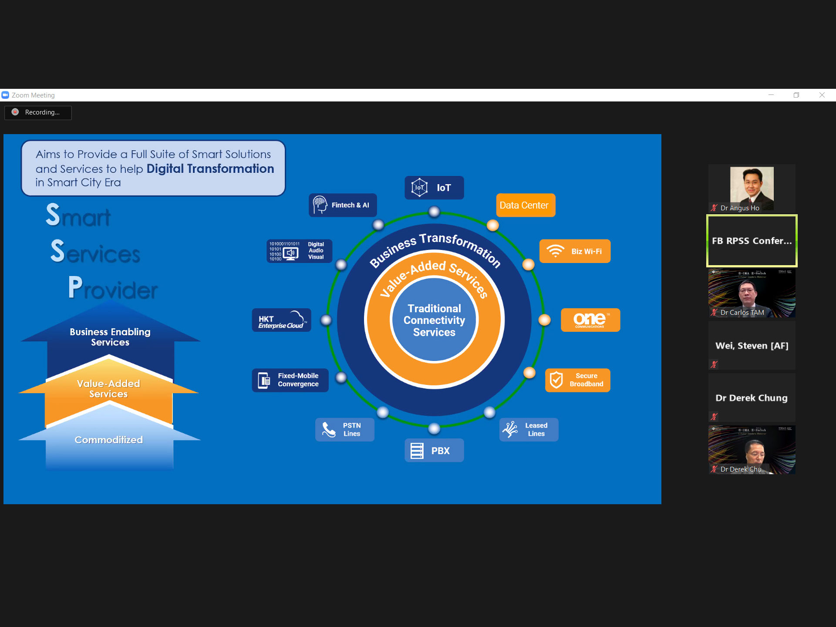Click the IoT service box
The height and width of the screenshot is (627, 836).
pos(434,188)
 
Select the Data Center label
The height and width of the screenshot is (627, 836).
pos(526,205)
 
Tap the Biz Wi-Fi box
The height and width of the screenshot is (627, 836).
pos(575,251)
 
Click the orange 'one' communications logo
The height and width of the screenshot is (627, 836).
pos(590,320)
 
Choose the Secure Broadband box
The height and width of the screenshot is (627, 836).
pos(577,380)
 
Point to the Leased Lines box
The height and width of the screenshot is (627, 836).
pos(529,430)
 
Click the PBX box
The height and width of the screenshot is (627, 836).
pos(434,451)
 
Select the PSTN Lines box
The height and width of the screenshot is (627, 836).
pos(344,430)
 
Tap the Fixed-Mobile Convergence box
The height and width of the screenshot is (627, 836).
pos(290,380)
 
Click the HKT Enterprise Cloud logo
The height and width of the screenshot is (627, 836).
pos(281,320)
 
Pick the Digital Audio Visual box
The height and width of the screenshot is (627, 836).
pos(299,251)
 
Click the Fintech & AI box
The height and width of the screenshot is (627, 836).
pos(343,205)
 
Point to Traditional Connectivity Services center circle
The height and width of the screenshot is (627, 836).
pos(434,320)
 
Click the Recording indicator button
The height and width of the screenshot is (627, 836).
pos(38,112)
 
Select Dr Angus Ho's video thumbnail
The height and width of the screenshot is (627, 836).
pos(752,189)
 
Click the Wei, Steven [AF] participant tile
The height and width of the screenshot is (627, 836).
pos(752,346)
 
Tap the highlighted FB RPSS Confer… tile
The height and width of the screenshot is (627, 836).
pos(752,241)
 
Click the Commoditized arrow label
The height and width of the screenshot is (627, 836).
pos(109,440)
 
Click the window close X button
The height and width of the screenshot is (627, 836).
pos(822,95)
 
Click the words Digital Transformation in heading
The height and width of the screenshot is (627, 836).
pos(210,169)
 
